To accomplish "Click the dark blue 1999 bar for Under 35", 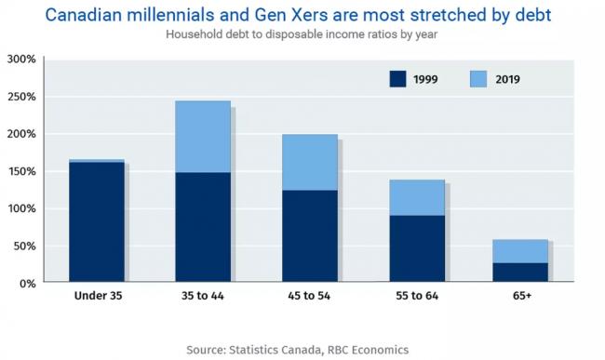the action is point(97,221).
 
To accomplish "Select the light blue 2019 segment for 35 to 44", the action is point(203,137).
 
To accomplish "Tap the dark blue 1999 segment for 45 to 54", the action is point(310,236).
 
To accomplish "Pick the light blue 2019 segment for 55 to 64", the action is point(417,197).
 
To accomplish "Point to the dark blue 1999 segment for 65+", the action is point(520,273).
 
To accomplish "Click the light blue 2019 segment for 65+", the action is point(520,251).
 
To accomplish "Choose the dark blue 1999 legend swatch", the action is point(397,79).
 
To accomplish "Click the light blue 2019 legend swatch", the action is point(478,79).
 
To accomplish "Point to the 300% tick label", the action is point(21,60).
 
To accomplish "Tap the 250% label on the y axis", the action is point(21,97).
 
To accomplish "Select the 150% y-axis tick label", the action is point(21,171).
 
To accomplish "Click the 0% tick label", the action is point(27,284).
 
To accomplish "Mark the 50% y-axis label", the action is point(25,247).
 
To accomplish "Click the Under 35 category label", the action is point(98,296).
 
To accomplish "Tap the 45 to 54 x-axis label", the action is point(309,296).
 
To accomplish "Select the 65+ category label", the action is point(522,296).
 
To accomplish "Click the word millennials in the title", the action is point(169,16).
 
